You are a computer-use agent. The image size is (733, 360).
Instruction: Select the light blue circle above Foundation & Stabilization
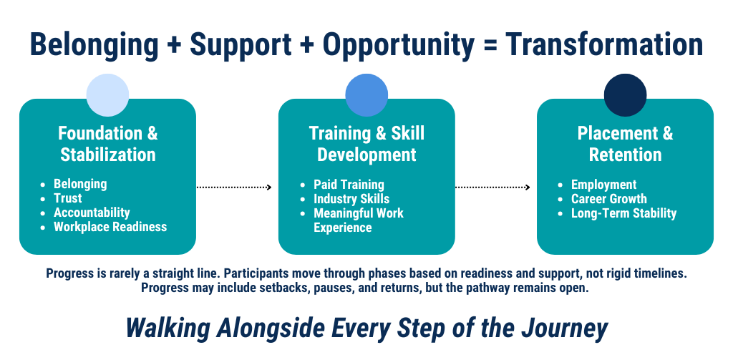tap(107, 95)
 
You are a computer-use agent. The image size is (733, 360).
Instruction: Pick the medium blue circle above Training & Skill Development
tap(366, 95)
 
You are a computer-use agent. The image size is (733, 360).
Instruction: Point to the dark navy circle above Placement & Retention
tap(626, 95)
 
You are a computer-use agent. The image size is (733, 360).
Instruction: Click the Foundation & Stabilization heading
tap(108, 144)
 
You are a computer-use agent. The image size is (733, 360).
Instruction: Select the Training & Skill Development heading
tap(367, 144)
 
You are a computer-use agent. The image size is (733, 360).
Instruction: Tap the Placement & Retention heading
tap(626, 144)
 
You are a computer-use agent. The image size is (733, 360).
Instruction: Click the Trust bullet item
tap(68, 198)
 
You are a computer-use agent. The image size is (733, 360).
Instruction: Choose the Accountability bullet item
tap(92, 213)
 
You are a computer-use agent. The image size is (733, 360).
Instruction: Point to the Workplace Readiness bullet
tap(110, 227)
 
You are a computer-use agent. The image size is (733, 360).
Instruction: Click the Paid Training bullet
tap(349, 185)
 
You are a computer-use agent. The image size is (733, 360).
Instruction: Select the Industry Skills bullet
tap(351, 199)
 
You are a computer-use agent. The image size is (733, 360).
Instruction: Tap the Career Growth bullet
tap(609, 199)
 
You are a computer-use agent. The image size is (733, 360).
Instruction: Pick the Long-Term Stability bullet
tap(623, 213)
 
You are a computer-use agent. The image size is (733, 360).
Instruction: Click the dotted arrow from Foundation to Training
tap(234, 188)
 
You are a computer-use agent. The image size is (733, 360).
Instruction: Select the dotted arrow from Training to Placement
tap(492, 188)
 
